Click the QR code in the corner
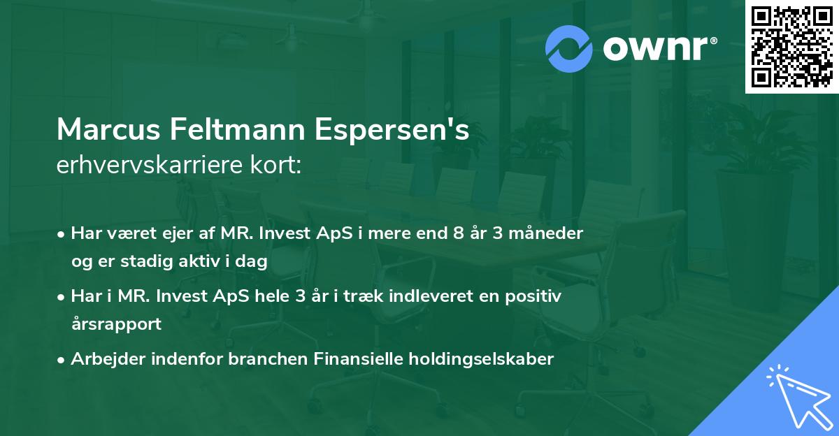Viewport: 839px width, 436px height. pyautogui.click(x=791, y=46)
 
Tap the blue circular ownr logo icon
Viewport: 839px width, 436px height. pyautogui.click(x=569, y=48)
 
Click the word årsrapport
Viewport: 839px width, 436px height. pyautogui.click(x=116, y=324)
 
